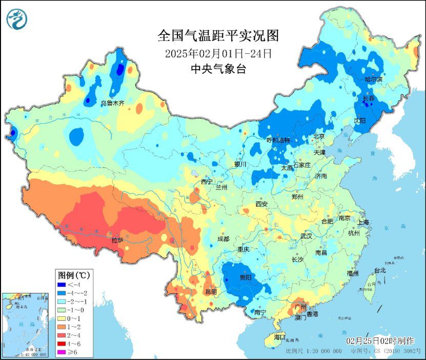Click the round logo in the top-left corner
16,19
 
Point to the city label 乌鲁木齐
112,103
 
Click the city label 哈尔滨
373,79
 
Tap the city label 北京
319,137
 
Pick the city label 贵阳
246,277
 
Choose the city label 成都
222,239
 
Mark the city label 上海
363,222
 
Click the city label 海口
279,337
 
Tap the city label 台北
379,270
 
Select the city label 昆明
211,292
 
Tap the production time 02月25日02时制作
380,341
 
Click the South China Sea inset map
25,325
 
